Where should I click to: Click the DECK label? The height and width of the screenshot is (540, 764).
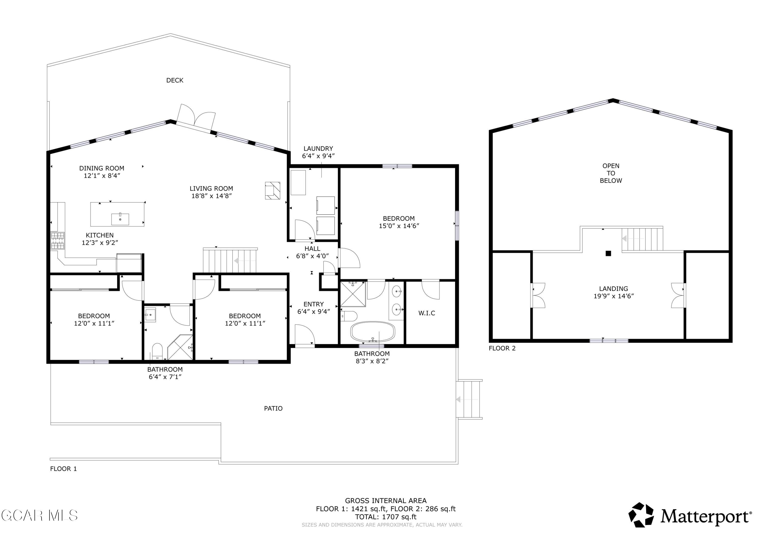point(175,80)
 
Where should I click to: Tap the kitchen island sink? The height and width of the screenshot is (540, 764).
point(120,219)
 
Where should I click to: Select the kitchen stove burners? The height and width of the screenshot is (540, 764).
point(57,241)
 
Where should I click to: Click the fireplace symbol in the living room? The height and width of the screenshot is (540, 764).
point(272,191)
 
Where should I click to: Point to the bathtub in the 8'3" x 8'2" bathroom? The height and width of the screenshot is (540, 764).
point(373,331)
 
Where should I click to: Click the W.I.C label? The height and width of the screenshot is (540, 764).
point(427,313)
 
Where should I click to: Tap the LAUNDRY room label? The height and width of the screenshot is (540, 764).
point(318,148)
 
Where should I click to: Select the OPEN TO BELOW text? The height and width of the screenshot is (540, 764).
point(611,173)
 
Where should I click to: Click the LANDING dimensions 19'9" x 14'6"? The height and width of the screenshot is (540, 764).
point(613,296)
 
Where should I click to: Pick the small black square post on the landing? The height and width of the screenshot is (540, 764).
point(608,254)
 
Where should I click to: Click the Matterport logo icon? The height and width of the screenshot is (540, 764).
point(641,515)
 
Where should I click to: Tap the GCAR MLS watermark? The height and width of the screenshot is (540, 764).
point(39,515)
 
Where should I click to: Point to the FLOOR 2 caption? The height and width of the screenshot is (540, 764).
point(502,348)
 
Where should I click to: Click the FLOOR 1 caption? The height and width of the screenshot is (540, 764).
point(64,469)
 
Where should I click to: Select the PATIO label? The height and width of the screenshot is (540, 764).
point(273,408)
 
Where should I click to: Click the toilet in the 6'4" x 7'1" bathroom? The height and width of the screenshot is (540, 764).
point(157,351)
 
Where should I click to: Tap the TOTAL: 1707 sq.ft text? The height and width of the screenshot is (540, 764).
point(386,517)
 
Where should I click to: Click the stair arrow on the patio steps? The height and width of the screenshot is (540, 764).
point(467,399)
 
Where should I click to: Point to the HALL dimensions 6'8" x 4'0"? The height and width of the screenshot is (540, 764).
point(312,256)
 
